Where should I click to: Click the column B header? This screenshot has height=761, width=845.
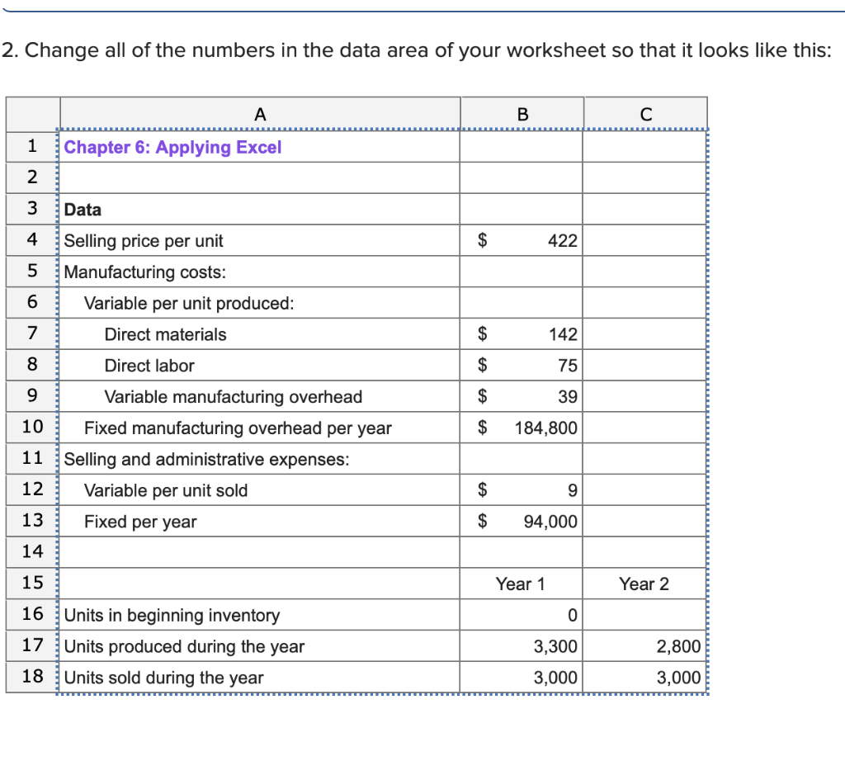tap(522, 115)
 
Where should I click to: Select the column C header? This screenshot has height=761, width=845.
tap(645, 115)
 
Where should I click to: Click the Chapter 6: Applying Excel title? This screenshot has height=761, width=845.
tap(172, 148)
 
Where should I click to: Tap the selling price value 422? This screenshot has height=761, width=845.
tap(563, 241)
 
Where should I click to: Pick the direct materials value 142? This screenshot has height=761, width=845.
tap(563, 334)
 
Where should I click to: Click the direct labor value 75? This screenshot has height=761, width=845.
tap(568, 366)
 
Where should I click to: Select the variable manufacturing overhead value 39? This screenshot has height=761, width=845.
tap(568, 397)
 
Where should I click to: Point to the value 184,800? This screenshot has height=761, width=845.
tap(546, 428)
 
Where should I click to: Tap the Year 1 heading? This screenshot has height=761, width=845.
tap(520, 584)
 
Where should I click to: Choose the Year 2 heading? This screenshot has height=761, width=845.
tap(644, 584)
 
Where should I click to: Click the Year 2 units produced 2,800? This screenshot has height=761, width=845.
tap(678, 646)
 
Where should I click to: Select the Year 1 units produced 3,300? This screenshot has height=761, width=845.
tap(555, 646)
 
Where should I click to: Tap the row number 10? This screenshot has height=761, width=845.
tap(32, 428)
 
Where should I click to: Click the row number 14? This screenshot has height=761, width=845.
tap(32, 552)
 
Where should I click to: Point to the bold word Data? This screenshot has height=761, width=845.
tap(83, 210)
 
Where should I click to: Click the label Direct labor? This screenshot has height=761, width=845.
tap(149, 366)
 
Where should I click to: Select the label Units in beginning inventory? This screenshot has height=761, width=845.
tap(172, 616)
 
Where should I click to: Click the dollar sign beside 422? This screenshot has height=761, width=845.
tap(485, 241)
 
